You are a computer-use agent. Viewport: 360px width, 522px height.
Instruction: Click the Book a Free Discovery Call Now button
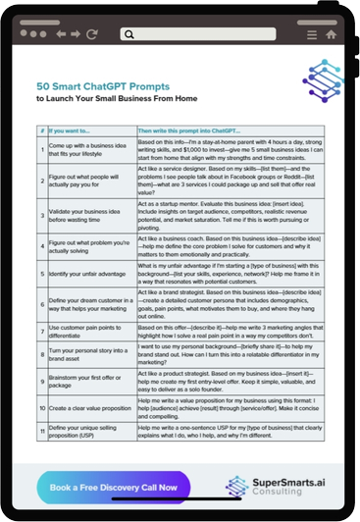coord(113,487)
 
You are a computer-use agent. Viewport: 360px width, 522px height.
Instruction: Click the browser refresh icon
coord(92,33)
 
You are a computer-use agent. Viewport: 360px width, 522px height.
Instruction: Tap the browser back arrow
coord(60,33)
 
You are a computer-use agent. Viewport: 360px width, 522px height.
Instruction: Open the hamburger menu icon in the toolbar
coord(311,33)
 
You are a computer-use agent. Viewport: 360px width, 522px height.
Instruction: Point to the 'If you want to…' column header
coord(71,130)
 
